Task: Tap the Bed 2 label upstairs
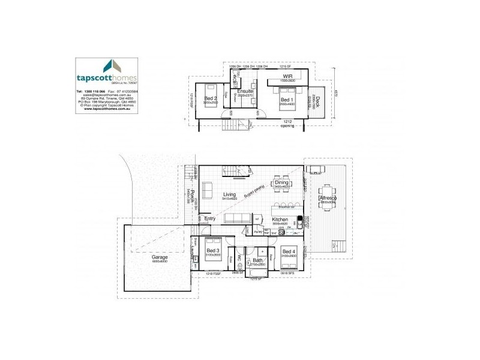(209, 98)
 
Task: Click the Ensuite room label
(245, 91)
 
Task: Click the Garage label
(160, 257)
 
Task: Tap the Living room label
(229, 194)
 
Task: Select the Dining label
(281, 182)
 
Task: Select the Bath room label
(258, 260)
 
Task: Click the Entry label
(210, 218)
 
